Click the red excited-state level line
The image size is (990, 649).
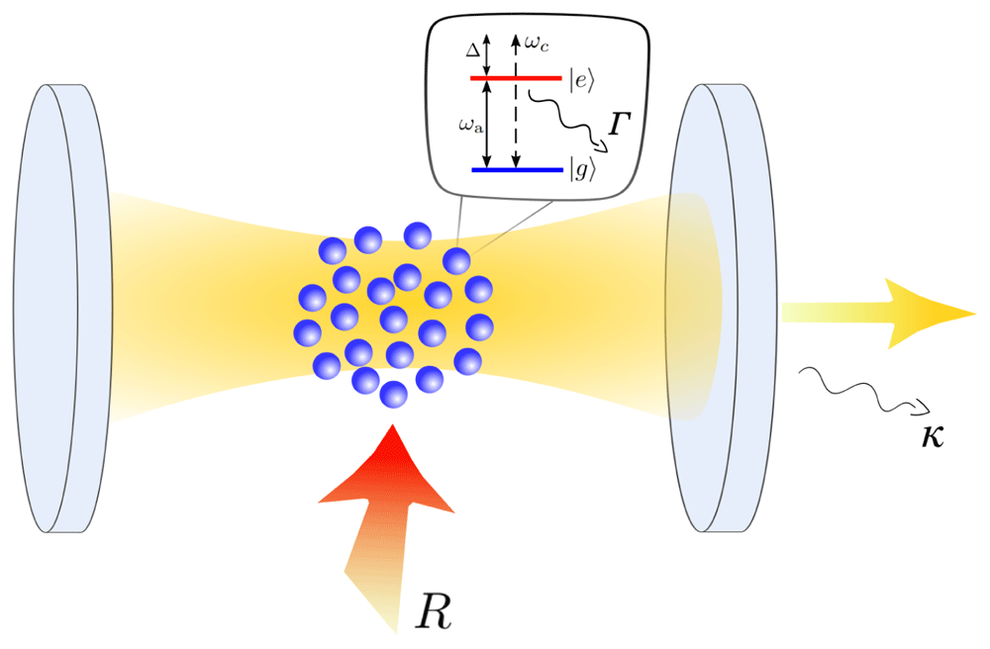(x=516, y=78)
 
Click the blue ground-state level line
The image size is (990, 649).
(x=517, y=169)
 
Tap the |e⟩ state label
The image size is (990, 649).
(x=581, y=81)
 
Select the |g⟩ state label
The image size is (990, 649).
(x=582, y=170)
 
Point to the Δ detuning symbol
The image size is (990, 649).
(x=473, y=49)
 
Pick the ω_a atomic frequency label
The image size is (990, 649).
(x=471, y=127)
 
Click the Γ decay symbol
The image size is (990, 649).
(x=620, y=124)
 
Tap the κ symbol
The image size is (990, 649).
(x=932, y=436)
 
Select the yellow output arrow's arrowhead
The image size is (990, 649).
(x=929, y=314)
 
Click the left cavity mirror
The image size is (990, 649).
(x=61, y=308)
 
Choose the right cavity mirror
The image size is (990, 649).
(x=720, y=308)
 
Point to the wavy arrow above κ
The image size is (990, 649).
(x=863, y=391)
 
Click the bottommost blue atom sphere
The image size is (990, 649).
(x=393, y=394)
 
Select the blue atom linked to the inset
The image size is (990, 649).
(x=456, y=261)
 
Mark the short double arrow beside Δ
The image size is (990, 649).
(x=486, y=54)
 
